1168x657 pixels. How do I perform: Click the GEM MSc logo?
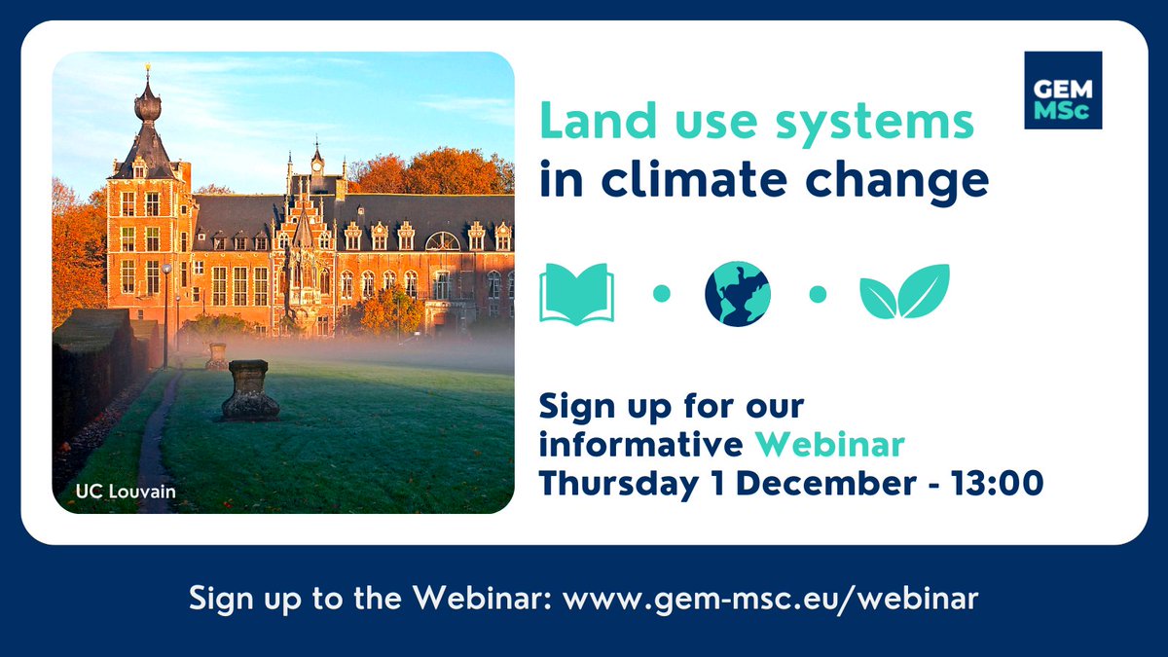[x=1063, y=91]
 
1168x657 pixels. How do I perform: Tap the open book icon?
[x=577, y=293]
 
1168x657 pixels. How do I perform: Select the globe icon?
[x=737, y=293]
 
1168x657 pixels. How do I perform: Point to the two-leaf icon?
[x=904, y=292]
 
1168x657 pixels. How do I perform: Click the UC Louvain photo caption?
[x=126, y=492]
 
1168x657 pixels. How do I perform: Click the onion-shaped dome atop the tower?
[x=148, y=103]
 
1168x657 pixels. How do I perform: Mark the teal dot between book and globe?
[x=661, y=293]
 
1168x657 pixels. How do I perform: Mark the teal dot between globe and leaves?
[x=818, y=293]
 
